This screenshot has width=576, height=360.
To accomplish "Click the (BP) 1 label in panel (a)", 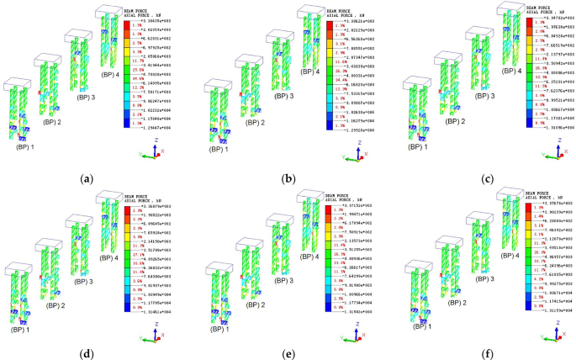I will pos(23,146).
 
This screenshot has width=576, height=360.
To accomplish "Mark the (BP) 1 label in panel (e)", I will pos(220,320).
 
